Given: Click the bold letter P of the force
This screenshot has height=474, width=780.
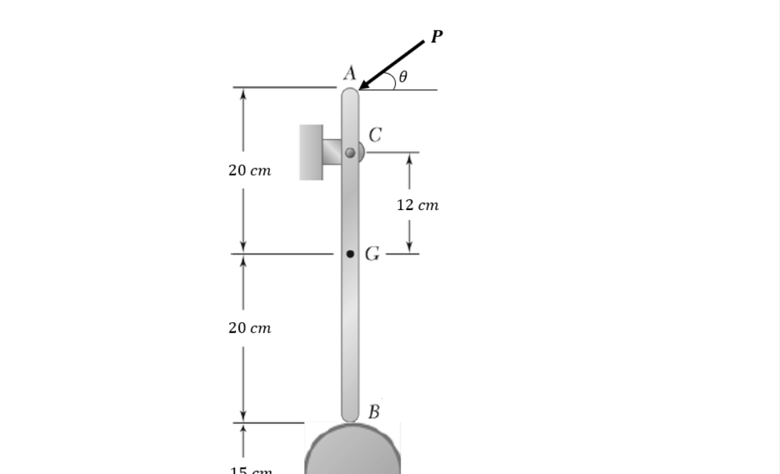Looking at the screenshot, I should tap(436, 37).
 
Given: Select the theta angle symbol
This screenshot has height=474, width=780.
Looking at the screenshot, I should tap(403, 77).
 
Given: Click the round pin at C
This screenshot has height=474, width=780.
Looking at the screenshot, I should tap(350, 152).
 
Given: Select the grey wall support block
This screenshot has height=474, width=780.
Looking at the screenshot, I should tap(311, 152).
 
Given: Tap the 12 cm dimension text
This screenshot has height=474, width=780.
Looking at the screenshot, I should tap(417, 205).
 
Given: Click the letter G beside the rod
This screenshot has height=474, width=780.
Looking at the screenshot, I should tap(373, 254).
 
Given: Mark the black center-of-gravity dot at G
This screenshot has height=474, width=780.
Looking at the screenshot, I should tap(350, 254).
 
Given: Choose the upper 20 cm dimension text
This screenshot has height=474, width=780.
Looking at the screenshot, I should tap(249, 170).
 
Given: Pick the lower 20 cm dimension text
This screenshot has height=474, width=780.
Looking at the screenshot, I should tap(249, 328).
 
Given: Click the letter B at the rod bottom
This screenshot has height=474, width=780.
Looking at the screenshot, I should tap(374, 413).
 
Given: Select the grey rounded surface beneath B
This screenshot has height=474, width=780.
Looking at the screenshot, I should tap(352, 452).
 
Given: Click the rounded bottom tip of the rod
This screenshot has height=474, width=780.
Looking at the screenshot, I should tap(350, 416).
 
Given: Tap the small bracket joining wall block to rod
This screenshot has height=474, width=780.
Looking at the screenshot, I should tap(333, 152).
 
